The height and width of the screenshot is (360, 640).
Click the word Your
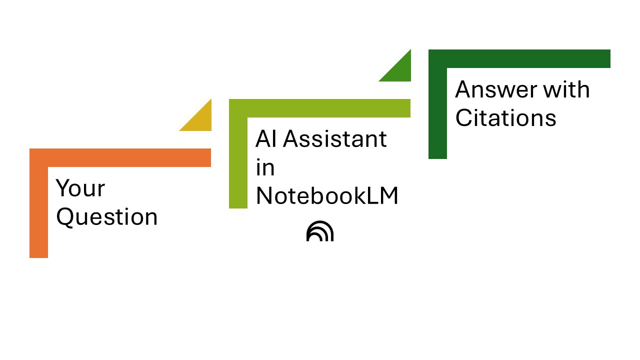(x=80, y=188)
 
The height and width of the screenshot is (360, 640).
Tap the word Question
(x=107, y=217)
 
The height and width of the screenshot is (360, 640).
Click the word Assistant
(x=335, y=138)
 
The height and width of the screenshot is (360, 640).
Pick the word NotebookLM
(x=327, y=196)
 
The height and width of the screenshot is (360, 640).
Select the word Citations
(x=505, y=118)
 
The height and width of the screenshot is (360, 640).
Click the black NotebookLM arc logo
(x=320, y=231)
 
